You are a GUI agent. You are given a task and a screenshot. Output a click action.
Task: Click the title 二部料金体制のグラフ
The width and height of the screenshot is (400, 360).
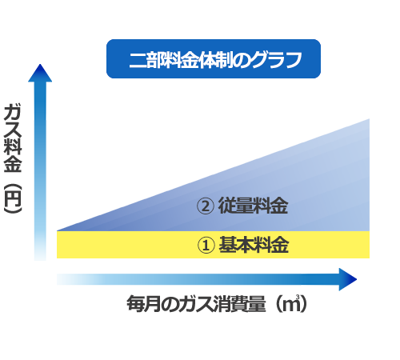click(215, 60)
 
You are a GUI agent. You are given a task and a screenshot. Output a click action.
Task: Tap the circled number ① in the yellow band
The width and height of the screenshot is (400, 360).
click(206, 246)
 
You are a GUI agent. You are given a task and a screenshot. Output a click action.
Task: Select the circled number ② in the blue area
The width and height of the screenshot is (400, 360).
click(206, 206)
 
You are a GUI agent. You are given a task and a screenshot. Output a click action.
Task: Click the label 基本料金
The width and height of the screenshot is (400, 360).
click(254, 245)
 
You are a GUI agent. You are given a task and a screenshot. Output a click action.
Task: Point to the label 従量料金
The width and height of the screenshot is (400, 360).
click(253, 206)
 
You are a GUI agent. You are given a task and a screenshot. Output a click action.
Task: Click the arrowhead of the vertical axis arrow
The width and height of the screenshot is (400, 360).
click(40, 73)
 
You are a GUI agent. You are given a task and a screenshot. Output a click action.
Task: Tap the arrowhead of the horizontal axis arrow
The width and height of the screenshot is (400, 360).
click(348, 279)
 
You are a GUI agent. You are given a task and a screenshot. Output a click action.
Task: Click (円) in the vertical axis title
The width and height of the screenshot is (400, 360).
click(13, 198)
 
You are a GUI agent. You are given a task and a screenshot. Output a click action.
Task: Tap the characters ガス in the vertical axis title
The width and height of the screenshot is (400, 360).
click(13, 121)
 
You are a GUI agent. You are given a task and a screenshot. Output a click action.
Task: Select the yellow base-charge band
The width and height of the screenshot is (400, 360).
click(213, 245)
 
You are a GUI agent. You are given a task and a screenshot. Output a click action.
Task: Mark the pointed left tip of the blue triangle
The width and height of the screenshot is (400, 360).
click(57, 230)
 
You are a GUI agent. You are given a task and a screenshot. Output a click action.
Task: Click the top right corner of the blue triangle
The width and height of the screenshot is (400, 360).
click(370, 119)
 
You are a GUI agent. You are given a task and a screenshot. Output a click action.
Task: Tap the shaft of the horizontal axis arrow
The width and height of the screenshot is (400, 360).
click(198, 279)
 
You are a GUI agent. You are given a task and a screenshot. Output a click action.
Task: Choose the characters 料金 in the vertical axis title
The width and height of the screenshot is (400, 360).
click(13, 155)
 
